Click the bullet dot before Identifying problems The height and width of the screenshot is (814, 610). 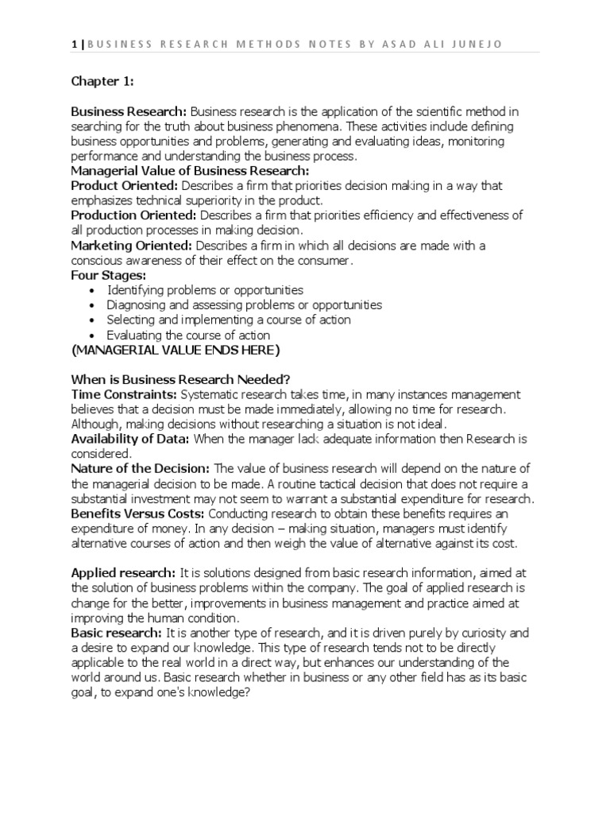pyautogui.click(x=94, y=291)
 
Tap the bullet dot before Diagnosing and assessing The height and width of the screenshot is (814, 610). pyautogui.click(x=94, y=306)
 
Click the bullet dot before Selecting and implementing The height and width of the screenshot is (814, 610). pyautogui.click(x=94, y=321)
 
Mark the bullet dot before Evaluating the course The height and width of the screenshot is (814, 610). pyautogui.click(x=94, y=336)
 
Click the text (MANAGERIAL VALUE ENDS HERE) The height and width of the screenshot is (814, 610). pyautogui.click(x=176, y=351)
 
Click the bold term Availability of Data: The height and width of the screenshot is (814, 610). pyautogui.click(x=130, y=440)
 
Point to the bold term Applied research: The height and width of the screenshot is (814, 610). pyautogui.click(x=123, y=573)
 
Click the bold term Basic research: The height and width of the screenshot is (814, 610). pyautogui.click(x=116, y=633)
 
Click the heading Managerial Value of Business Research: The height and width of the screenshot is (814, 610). pyautogui.click(x=190, y=170)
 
